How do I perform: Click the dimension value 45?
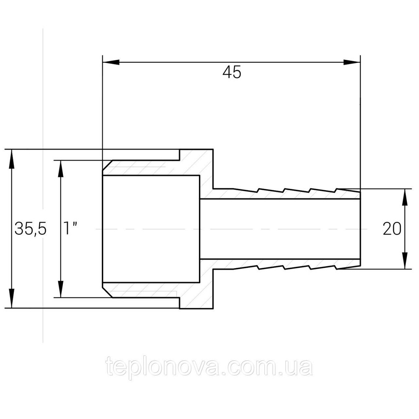[232, 72]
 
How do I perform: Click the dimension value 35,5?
[31, 229]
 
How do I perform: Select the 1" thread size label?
[70, 228]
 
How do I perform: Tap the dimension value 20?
[392, 229]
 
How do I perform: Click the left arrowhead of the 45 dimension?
[111, 62]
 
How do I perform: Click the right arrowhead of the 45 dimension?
[352, 62]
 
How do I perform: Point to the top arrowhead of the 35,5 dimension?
[11, 158]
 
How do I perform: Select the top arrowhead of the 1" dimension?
[61, 168]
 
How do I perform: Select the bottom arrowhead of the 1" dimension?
[61, 289]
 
